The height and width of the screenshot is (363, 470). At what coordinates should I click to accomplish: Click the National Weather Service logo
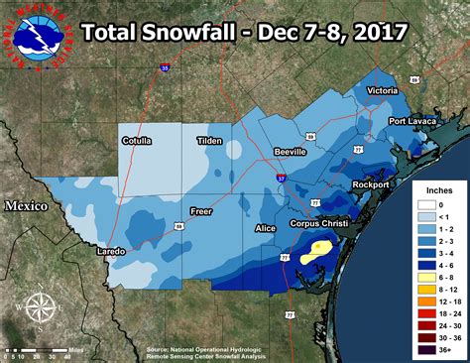coord(35,36)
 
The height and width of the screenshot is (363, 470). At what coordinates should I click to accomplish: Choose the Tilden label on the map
coord(211,141)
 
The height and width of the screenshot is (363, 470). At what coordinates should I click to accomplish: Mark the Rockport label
coord(375,185)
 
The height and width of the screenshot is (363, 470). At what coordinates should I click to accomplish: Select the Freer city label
coord(202,211)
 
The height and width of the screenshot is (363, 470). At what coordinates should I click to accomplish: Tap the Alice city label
coord(266,228)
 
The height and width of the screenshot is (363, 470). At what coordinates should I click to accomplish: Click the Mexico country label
coord(26,205)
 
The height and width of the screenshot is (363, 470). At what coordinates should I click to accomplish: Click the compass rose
coord(36,310)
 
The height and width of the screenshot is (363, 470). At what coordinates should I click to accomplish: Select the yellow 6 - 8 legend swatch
coord(421,264)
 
